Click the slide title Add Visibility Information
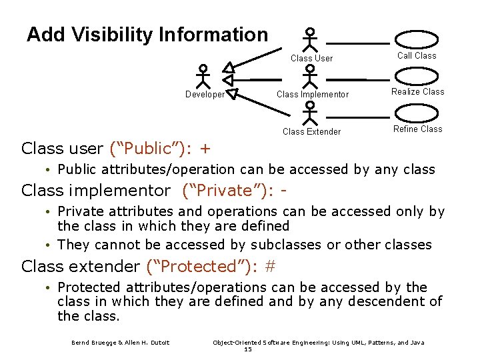[147, 35]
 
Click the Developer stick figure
[205, 76]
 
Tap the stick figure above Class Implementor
[309, 76]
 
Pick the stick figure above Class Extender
[309, 113]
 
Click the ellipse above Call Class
[417, 40]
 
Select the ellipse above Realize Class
[417, 76]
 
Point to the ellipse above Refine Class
[417, 113]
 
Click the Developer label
[205, 95]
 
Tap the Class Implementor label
[312, 95]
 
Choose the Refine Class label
[417, 129]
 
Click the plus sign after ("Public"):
[205, 147]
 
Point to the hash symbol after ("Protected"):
[270, 267]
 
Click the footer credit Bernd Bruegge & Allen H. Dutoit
[121, 343]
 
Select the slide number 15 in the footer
[248, 349]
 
